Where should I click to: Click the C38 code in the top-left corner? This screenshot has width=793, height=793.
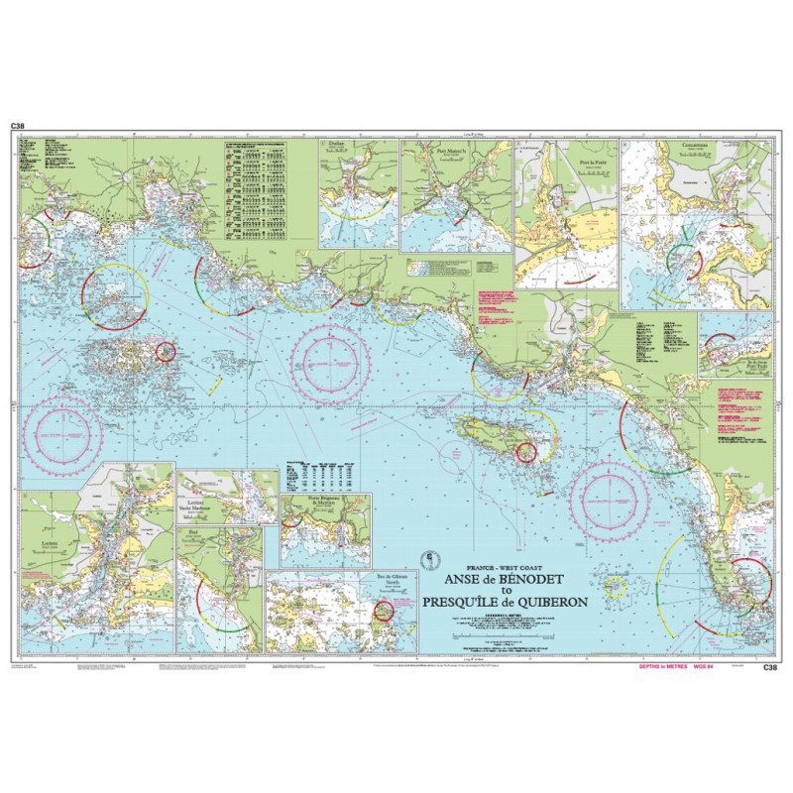(17, 126)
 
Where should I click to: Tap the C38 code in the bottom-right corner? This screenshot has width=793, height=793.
(769, 667)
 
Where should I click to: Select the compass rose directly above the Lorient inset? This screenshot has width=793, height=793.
(62, 434)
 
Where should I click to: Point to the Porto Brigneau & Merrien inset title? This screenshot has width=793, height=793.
(325, 503)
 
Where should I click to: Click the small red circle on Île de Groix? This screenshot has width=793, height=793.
(526, 452)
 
